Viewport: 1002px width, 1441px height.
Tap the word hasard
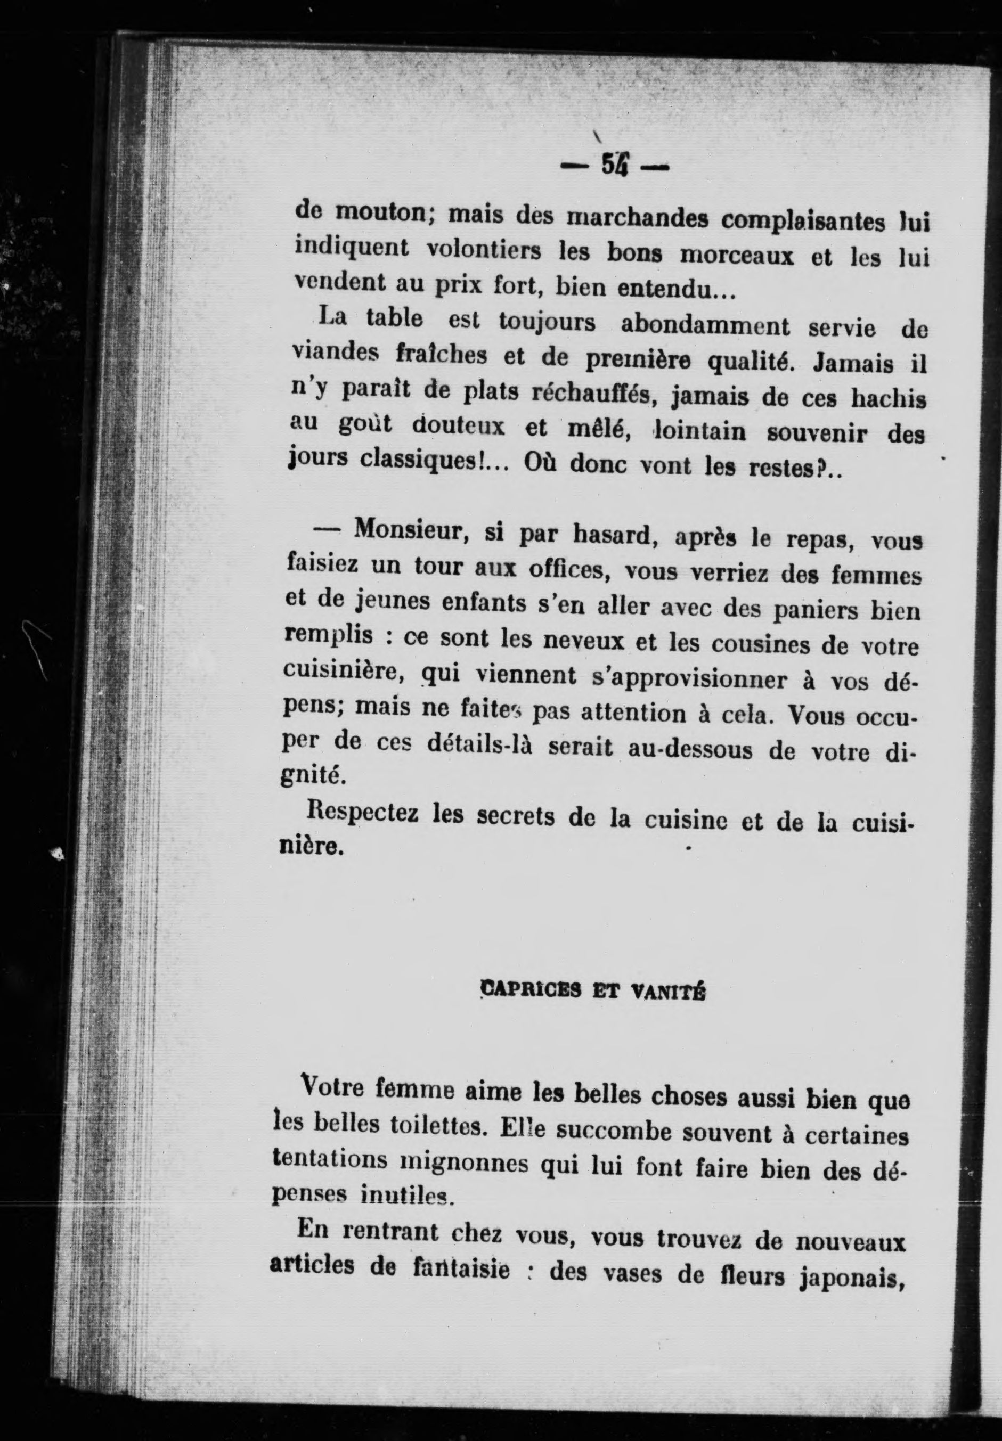613,535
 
